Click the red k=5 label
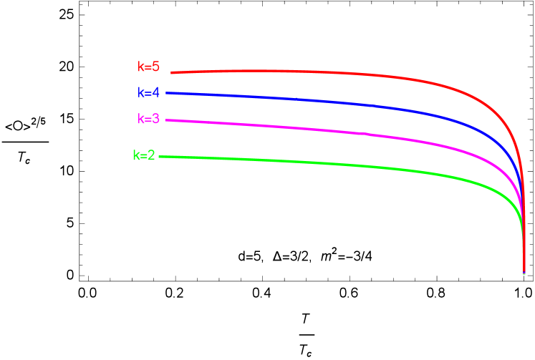coord(148,67)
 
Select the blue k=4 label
coord(148,93)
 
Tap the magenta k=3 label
coord(148,119)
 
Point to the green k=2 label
coord(143,155)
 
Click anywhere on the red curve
coord(322,72)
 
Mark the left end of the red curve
coord(171,72)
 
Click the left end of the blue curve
coord(167,93)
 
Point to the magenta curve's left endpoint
coord(166,120)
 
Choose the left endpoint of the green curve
coord(160,157)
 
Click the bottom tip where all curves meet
coord(524,272)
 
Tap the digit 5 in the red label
coord(156,67)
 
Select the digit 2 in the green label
coord(151,155)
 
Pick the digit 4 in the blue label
coord(156,93)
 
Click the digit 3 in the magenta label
coord(156,119)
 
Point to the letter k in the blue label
coord(141,93)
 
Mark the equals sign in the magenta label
coord(148,120)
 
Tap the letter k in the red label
coord(141,67)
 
